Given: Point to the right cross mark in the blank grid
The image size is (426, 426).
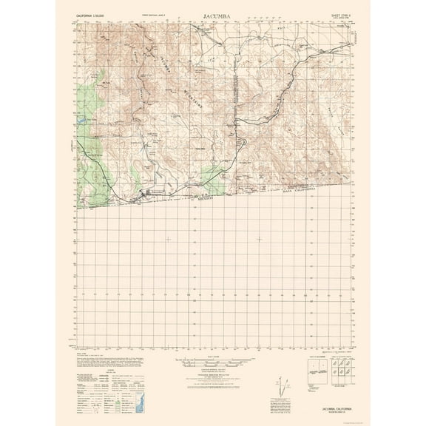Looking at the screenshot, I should [259, 238].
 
